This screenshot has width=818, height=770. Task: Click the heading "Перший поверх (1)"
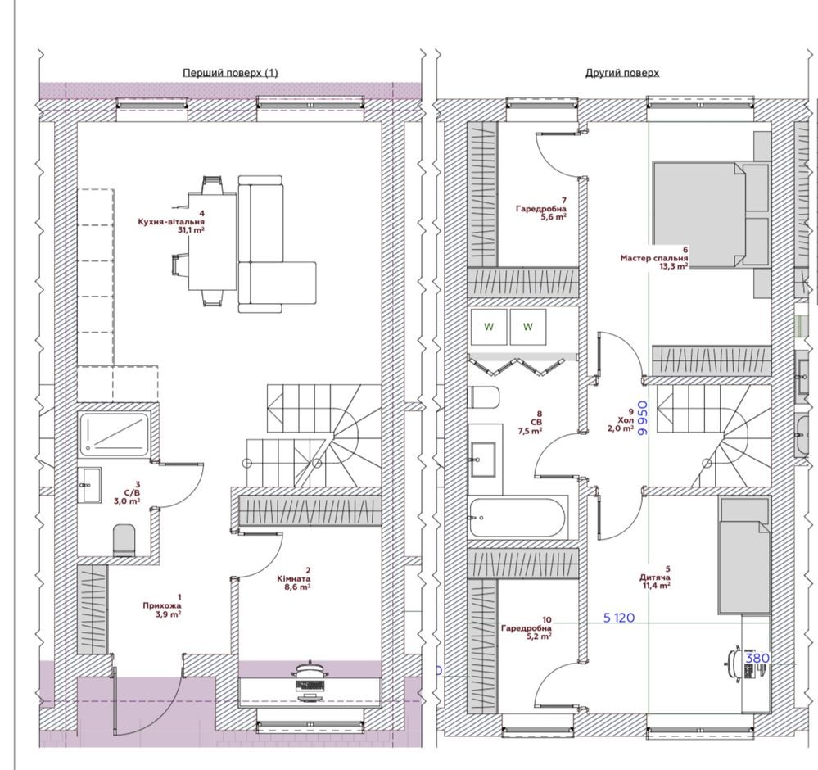pos(230,73)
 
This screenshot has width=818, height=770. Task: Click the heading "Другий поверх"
pos(621,73)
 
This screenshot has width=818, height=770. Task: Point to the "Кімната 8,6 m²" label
pos(294,578)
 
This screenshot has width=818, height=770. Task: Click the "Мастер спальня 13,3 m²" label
pos(654,258)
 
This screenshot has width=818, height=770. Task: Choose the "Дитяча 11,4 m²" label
pos(655,577)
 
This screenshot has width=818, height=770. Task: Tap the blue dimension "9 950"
pos(643,418)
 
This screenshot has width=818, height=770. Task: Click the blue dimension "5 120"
pos(619,618)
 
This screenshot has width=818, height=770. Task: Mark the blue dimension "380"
pos(757,658)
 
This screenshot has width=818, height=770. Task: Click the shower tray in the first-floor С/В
pos(115,432)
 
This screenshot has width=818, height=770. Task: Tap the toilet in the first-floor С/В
pos(124,540)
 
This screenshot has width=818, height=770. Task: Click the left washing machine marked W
pos(489,327)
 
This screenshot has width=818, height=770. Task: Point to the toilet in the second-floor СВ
pos(485,397)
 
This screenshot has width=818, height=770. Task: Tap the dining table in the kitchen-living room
pos(212,242)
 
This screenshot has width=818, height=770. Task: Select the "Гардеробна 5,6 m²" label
pos(541,209)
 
